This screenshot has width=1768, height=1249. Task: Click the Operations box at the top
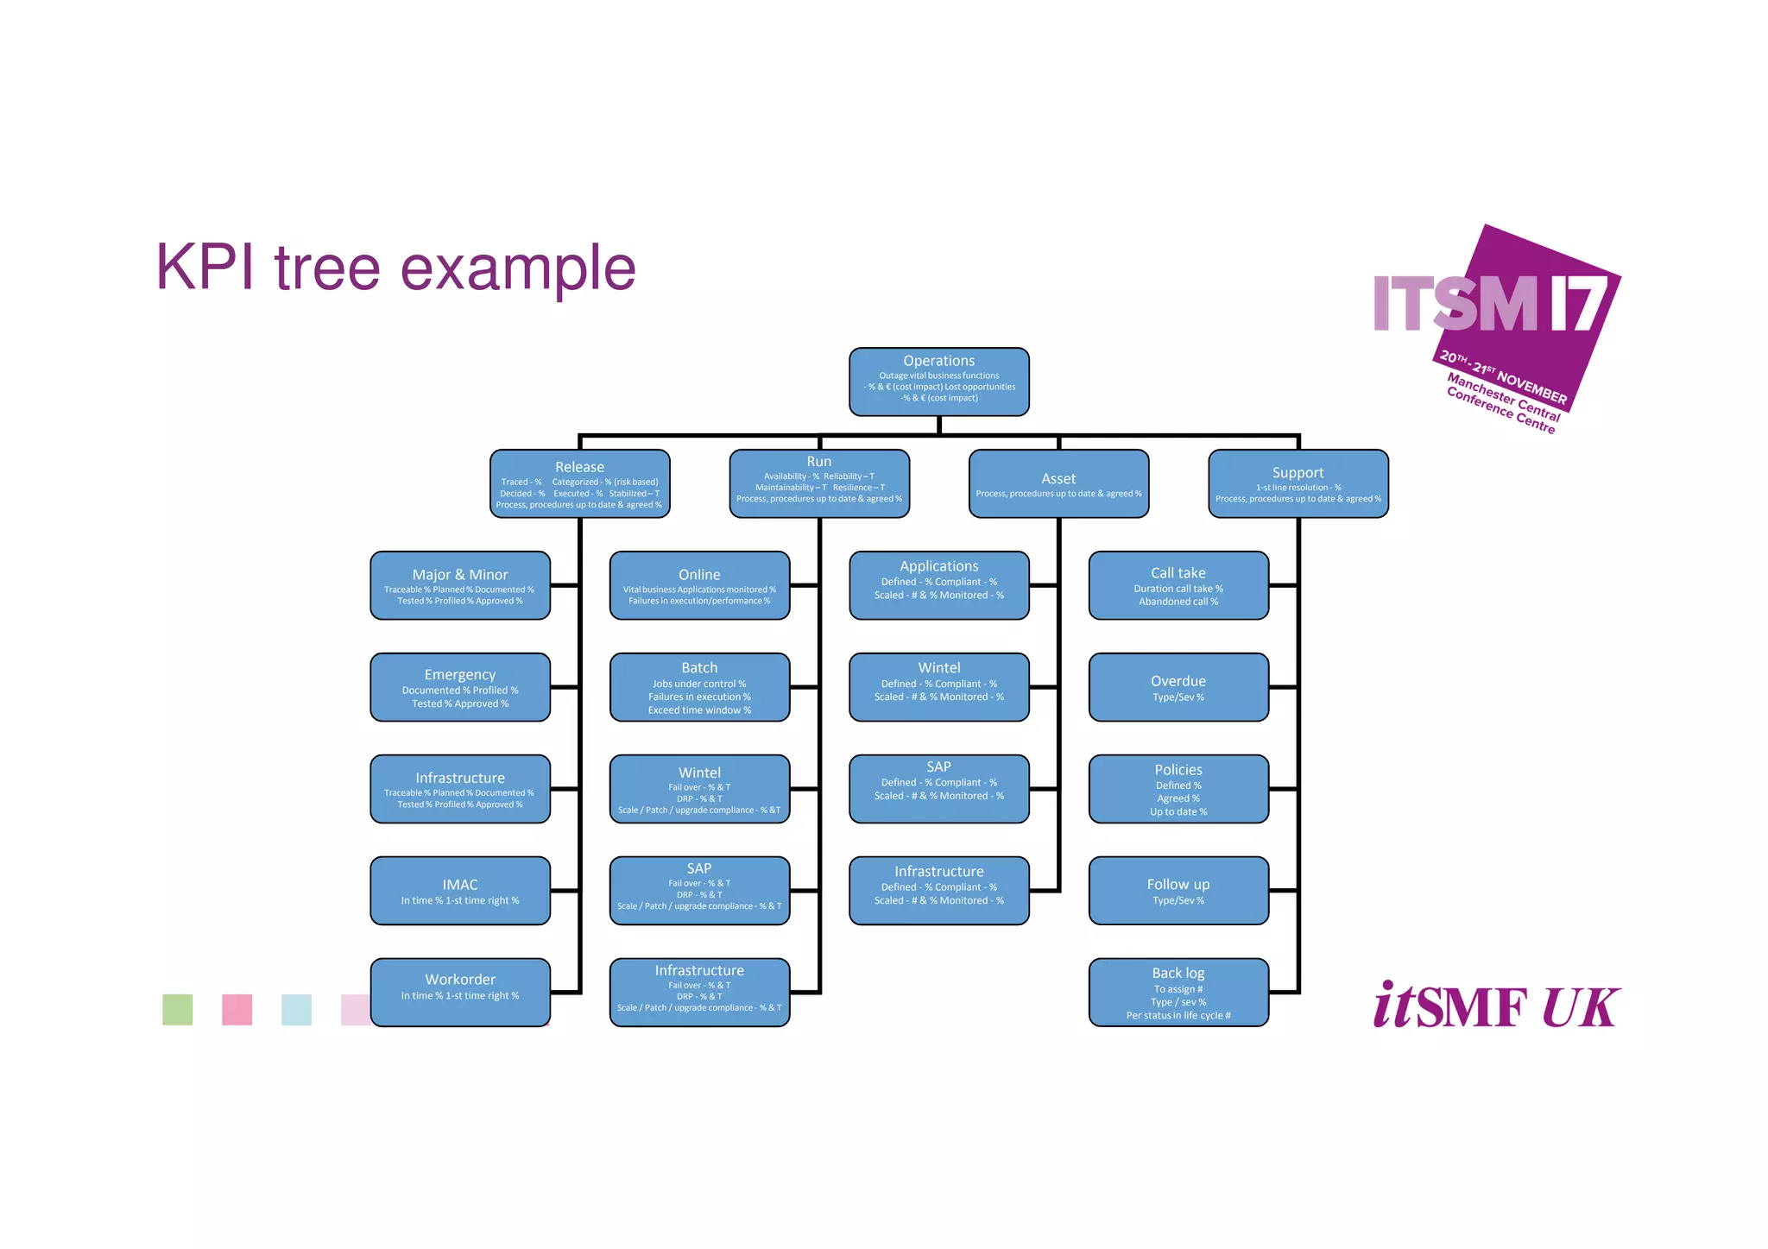[x=938, y=382]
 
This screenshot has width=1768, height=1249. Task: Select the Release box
[x=579, y=483]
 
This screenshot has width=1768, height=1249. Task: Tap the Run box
[x=818, y=483]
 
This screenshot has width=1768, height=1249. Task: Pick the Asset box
[x=1058, y=483]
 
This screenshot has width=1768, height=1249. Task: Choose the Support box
[x=1298, y=483]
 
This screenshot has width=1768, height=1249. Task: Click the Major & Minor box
[x=460, y=585]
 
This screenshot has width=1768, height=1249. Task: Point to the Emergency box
[x=460, y=687]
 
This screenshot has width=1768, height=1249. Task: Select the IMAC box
[x=460, y=891]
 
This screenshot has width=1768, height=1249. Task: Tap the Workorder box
[x=460, y=992]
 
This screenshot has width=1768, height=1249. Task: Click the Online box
[x=699, y=585]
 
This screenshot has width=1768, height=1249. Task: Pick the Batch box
[x=699, y=687]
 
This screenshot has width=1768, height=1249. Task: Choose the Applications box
[x=938, y=585]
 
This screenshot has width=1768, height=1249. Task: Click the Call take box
[x=1178, y=585]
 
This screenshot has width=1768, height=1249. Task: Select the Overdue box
[x=1178, y=687]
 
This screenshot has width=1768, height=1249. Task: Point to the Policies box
[x=1178, y=789]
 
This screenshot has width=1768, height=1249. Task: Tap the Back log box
[x=1178, y=992]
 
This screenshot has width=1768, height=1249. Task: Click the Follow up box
[x=1178, y=891]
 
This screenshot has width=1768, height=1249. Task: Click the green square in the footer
[x=178, y=1009]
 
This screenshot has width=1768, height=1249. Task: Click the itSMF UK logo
[x=1496, y=1006]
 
